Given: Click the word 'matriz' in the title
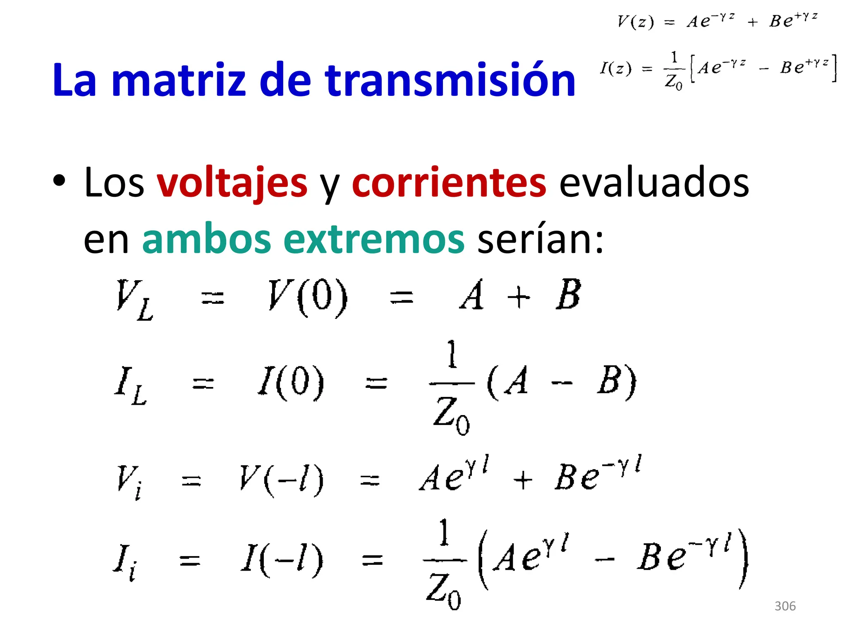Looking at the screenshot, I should coord(179,80).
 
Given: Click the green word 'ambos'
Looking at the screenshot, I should coord(206,239).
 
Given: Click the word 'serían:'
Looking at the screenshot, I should coord(540,239).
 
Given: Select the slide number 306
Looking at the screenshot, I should coord(785,606).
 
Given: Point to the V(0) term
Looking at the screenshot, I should coord(308,297).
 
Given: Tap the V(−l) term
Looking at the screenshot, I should coord(281,480).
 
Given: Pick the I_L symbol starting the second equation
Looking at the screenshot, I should coord(130,385).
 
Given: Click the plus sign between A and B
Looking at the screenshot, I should coord(518,298).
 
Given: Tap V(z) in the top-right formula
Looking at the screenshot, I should coord(635,21).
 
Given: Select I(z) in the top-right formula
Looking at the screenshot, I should coord(616,68).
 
